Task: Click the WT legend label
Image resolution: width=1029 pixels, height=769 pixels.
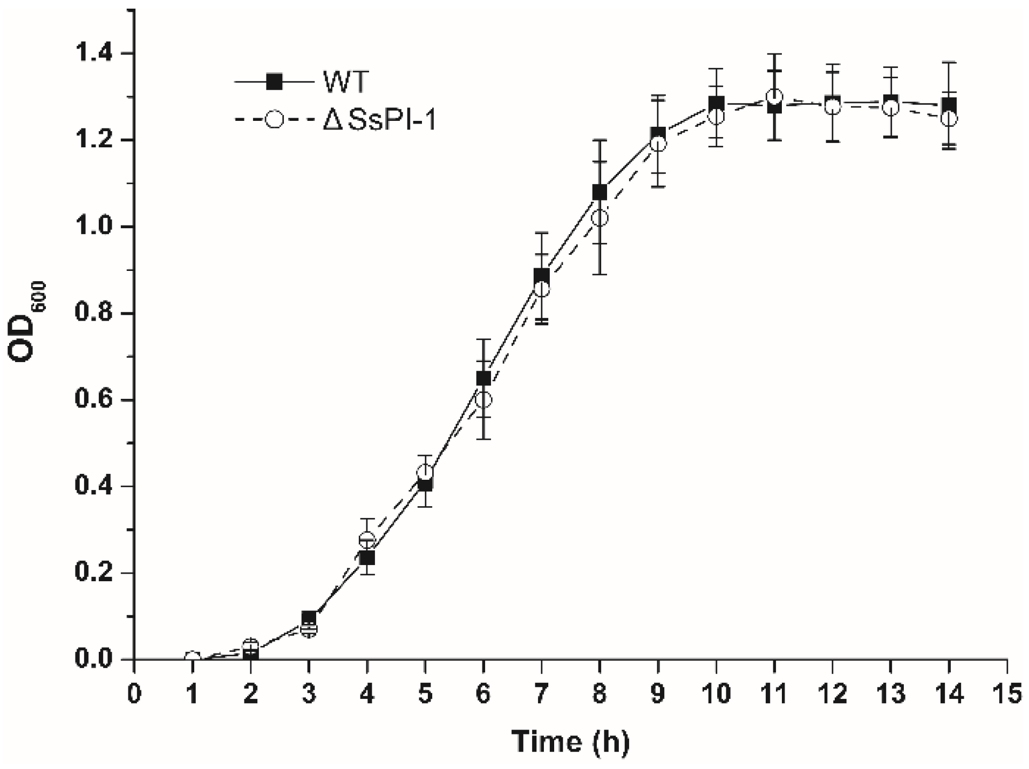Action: (x=345, y=82)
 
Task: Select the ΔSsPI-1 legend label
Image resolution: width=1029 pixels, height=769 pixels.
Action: (x=379, y=120)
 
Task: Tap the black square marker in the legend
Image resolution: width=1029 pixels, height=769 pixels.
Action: (x=275, y=82)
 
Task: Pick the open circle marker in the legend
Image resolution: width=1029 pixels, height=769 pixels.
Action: (x=275, y=119)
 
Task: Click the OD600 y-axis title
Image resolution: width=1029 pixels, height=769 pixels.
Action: (x=28, y=322)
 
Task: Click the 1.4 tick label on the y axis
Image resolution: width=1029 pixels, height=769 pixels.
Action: (x=94, y=53)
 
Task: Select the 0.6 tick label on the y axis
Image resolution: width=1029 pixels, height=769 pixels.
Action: (x=94, y=400)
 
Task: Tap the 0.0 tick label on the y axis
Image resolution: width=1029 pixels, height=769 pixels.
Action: (x=94, y=659)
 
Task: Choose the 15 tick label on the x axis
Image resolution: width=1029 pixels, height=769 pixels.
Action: (x=1007, y=693)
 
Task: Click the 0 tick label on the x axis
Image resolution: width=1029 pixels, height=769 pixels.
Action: (x=134, y=693)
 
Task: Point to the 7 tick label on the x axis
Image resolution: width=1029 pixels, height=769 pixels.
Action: (x=541, y=693)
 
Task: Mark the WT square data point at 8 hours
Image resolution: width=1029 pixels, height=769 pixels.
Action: (x=599, y=192)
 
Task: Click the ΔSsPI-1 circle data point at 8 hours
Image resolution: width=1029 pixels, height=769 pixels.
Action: (x=599, y=218)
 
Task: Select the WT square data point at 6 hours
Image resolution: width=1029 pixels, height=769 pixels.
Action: (x=483, y=378)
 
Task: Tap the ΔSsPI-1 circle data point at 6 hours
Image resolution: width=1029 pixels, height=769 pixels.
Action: (x=483, y=400)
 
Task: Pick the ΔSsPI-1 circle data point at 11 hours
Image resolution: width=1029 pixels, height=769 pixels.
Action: (x=774, y=97)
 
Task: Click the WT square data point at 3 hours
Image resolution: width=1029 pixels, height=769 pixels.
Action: (x=309, y=618)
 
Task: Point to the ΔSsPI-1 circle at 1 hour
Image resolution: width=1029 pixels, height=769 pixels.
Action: (x=192, y=658)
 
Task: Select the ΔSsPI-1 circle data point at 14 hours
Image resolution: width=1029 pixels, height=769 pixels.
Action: (x=949, y=119)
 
